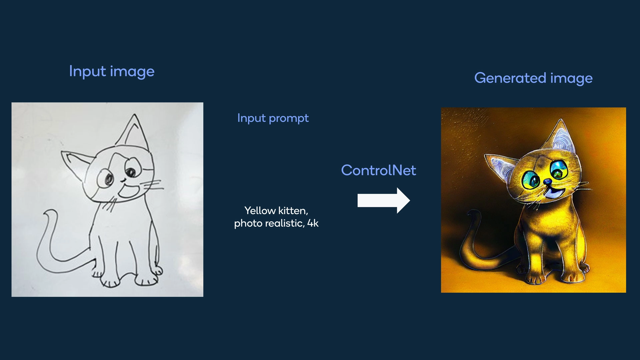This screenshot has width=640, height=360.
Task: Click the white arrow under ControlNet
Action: (384, 200)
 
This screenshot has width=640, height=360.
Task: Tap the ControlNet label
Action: (378, 170)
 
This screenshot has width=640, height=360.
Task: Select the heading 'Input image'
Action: (112, 72)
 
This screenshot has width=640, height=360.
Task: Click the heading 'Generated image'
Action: (533, 78)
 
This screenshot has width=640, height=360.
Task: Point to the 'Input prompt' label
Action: (273, 118)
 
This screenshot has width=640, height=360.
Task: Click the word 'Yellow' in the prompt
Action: (260, 211)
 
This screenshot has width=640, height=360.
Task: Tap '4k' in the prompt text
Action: (313, 223)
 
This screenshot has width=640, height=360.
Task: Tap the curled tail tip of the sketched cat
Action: (50, 213)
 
